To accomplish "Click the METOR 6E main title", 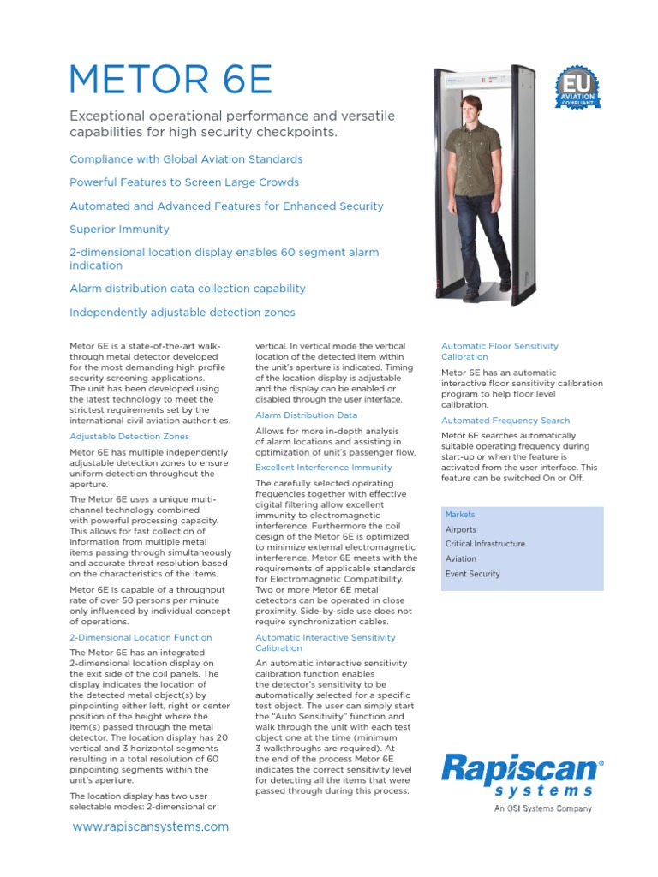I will [x=171, y=80].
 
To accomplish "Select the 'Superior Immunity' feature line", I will [x=119, y=230].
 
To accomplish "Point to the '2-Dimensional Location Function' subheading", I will [x=140, y=638].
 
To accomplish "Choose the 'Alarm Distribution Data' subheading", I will [x=307, y=415].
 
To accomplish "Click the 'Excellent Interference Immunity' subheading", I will [x=324, y=468].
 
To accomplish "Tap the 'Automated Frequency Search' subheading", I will [x=505, y=421].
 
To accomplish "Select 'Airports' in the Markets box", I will [x=461, y=529].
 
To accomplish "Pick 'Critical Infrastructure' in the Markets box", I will [x=485, y=544].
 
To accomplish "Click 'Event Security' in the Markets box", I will [x=472, y=574].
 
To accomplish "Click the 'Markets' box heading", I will [x=460, y=515].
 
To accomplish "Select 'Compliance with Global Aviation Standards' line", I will [x=186, y=159].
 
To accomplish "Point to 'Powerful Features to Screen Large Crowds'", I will [x=184, y=182].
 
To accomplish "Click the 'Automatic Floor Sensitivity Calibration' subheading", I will [x=499, y=351].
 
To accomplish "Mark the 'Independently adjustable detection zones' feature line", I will [x=182, y=313].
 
